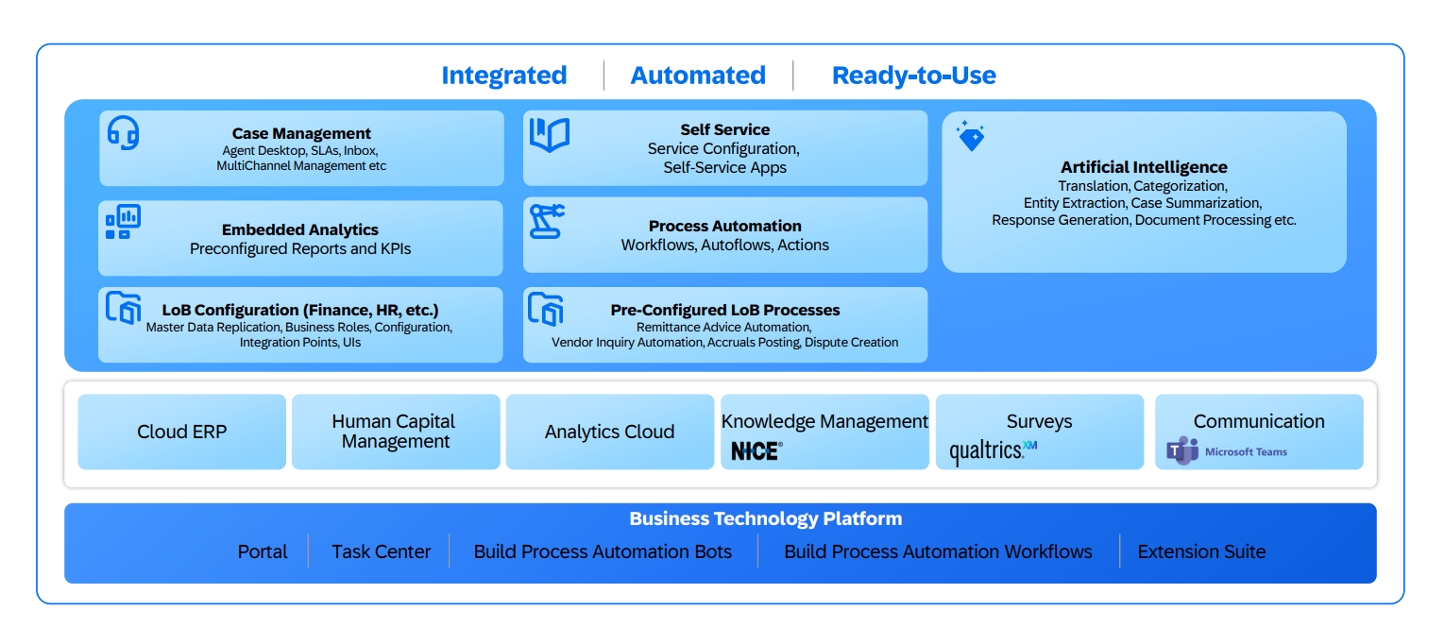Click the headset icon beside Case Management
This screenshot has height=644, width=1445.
pos(123,132)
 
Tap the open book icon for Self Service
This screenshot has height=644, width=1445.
pos(549,135)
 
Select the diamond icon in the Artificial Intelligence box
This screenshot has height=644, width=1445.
pos(970,136)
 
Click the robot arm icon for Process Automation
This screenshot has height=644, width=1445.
pos(546,221)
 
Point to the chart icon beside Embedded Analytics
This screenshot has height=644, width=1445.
pos(123,222)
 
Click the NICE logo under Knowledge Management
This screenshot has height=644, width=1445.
pos(756,451)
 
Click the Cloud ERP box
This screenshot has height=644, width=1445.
pos(181,432)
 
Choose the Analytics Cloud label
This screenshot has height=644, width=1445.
pos(609,432)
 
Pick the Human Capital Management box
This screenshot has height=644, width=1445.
pos(395,432)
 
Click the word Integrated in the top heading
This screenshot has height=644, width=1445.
pos(503,76)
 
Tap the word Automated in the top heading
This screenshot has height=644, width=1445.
pos(698,76)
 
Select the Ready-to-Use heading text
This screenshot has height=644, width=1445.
pos(913,76)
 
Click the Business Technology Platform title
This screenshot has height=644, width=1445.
pos(765,518)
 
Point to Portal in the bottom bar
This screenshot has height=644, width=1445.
pos(262,551)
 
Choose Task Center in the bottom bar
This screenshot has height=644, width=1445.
pos(381,551)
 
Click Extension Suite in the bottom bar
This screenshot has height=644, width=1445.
pos(1201,551)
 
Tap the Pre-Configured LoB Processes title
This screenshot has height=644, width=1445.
pos(724,310)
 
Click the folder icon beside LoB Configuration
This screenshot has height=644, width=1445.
pos(123,308)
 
